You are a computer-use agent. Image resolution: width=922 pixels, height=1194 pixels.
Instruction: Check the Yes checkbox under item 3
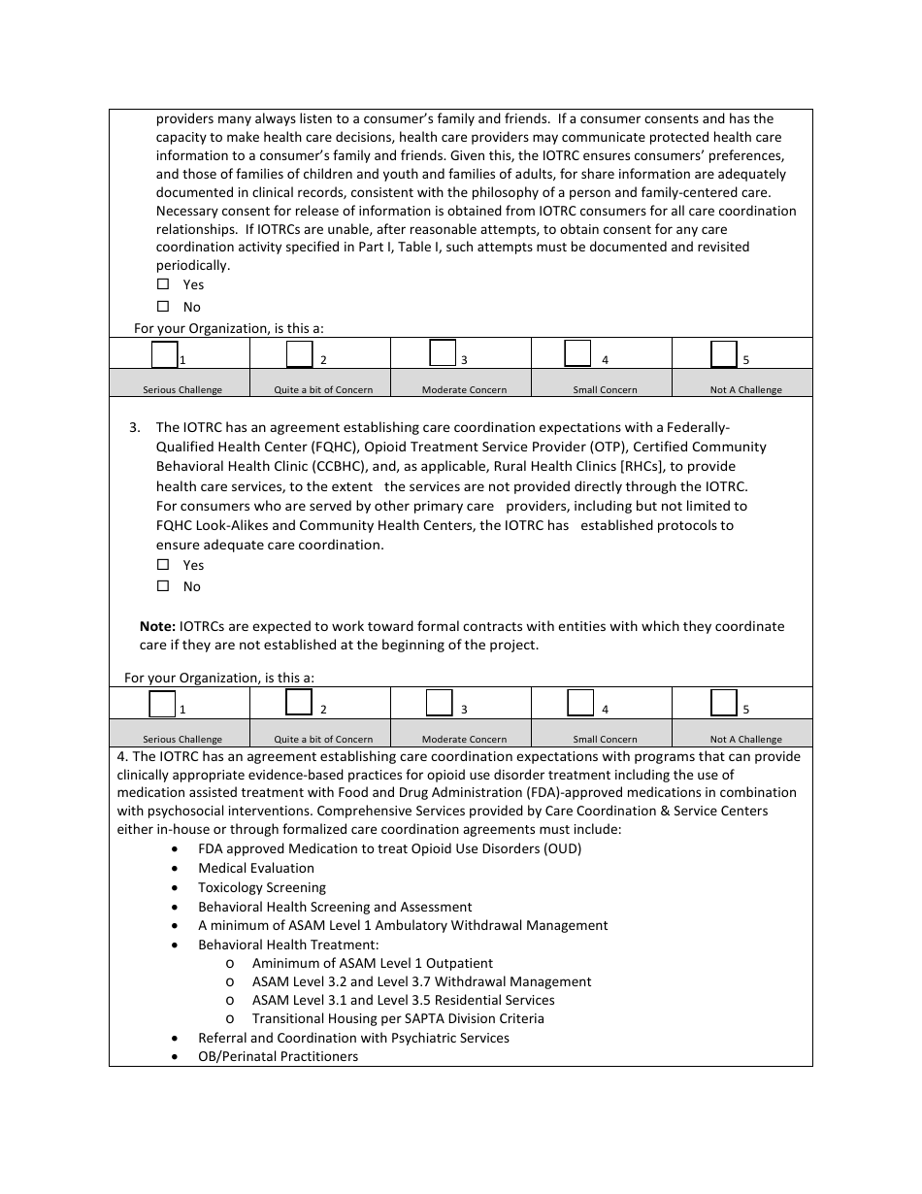point(163,565)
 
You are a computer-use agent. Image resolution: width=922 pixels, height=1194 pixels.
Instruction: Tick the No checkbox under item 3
point(163,586)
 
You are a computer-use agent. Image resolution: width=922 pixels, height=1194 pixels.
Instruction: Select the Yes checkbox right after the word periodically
point(163,284)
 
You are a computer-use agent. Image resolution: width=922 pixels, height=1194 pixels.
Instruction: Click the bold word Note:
point(157,627)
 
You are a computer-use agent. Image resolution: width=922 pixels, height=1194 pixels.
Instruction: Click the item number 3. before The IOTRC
point(135,427)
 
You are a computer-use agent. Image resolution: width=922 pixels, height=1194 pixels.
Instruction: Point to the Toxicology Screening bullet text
point(262,888)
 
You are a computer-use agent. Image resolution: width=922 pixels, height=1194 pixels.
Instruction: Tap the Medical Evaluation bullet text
point(256,869)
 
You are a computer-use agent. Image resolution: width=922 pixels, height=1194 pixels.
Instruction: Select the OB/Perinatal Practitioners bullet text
point(278,1057)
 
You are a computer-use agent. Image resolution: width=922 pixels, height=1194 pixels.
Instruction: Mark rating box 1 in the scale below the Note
point(163,703)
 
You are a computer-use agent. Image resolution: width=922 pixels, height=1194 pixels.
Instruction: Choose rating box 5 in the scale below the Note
point(724,702)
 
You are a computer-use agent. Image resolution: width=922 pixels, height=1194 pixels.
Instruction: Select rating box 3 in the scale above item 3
point(443,352)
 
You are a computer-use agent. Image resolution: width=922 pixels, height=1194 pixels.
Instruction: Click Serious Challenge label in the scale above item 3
point(182,390)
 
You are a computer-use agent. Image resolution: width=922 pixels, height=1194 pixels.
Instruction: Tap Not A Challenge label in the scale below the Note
point(745,740)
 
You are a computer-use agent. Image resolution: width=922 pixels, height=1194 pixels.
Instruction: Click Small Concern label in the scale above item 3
point(605,390)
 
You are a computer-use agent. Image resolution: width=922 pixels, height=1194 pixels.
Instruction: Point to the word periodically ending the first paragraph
point(193,266)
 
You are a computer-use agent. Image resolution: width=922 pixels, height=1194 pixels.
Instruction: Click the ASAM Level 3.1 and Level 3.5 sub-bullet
point(403,1001)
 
